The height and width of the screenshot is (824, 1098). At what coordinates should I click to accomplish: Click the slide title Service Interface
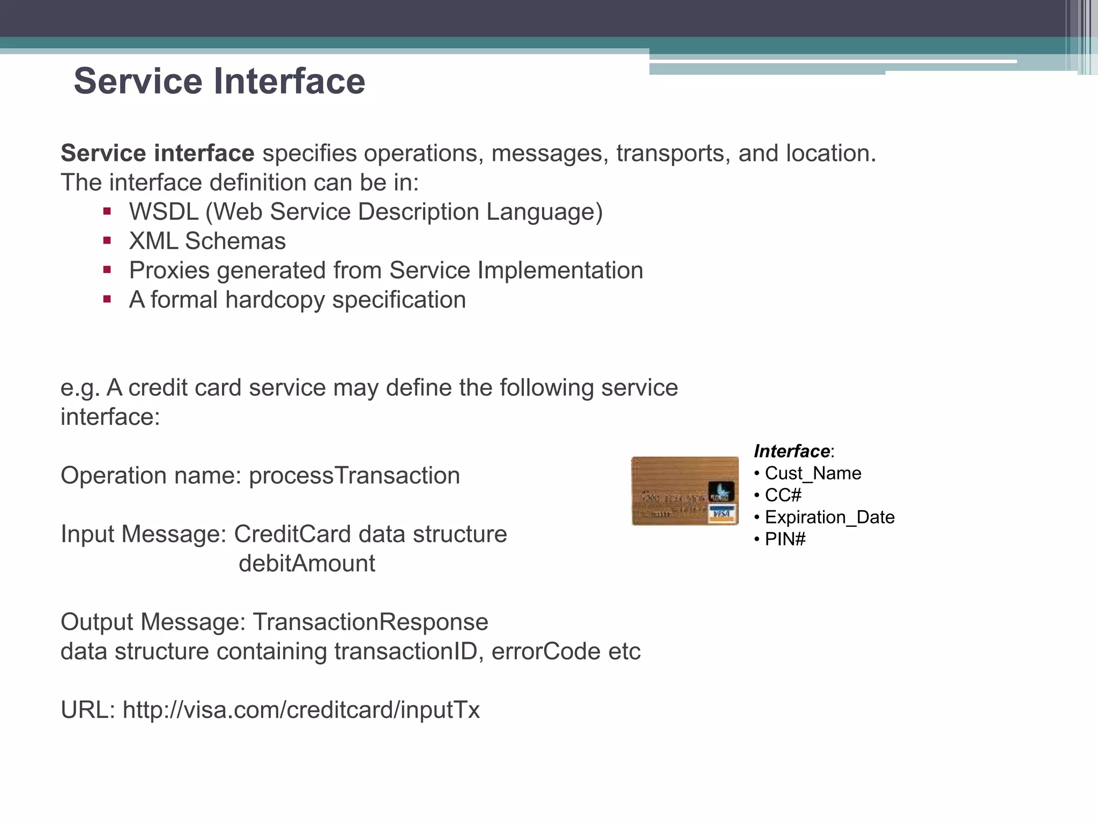point(219,82)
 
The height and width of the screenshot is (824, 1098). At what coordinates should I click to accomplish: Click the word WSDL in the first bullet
point(164,212)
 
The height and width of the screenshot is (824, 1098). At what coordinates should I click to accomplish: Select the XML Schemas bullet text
point(207,241)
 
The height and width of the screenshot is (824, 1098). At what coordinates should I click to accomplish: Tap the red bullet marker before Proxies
point(107,270)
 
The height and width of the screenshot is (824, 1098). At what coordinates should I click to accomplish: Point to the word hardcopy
point(274,300)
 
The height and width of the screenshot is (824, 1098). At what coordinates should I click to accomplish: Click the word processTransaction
point(354,476)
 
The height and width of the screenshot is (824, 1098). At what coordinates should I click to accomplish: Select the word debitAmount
point(307,564)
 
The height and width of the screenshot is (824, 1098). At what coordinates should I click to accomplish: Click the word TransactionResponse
point(370,622)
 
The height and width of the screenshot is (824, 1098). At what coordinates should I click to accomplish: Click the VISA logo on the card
point(722,514)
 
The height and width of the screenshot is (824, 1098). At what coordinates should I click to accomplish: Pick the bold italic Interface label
point(792,451)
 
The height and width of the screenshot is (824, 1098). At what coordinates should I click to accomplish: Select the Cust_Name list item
point(813,473)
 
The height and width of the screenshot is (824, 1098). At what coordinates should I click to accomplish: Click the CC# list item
point(783,495)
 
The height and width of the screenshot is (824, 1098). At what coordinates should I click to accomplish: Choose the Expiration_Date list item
point(829,517)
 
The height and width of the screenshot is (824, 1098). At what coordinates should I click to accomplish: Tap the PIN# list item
point(785,539)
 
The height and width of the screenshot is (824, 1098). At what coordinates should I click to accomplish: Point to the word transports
point(673,153)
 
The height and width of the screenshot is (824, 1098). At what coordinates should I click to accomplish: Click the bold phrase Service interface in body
point(158,153)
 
